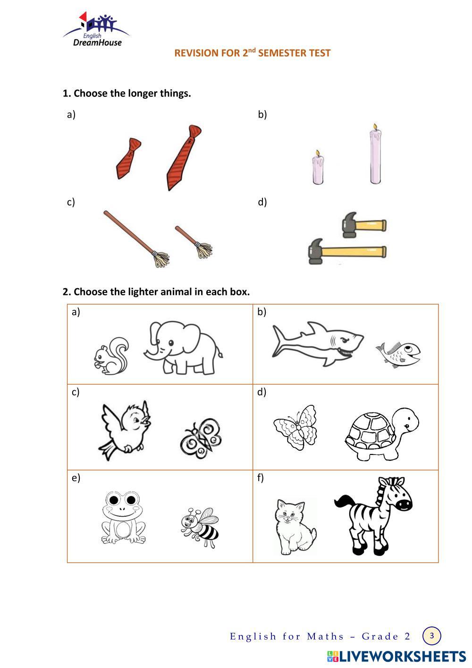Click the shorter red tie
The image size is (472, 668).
(128, 159)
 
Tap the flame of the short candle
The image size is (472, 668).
(318, 153)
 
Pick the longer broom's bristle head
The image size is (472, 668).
(161, 259)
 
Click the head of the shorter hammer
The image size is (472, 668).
(349, 225)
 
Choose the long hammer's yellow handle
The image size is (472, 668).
(354, 252)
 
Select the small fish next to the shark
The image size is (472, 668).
(398, 354)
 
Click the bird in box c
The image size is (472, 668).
(125, 430)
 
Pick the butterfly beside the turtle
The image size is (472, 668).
(295, 427)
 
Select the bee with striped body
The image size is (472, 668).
(200, 527)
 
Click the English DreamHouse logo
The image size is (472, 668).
(96, 29)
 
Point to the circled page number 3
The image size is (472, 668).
(431, 636)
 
